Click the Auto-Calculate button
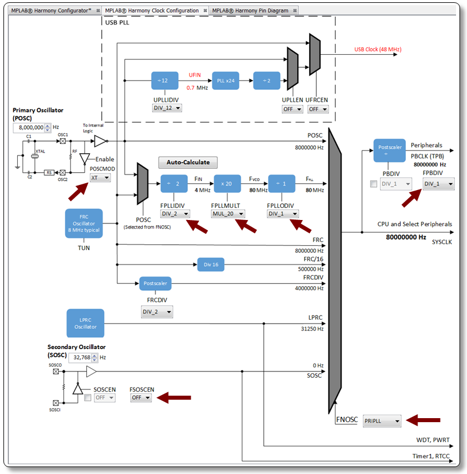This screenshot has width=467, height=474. click(x=188, y=162)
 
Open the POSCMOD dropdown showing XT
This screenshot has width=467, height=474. click(x=100, y=179)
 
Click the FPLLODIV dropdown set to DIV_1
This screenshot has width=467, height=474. click(x=283, y=214)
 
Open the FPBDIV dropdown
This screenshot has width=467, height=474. click(x=438, y=184)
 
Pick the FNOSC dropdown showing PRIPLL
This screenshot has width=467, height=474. click(x=382, y=421)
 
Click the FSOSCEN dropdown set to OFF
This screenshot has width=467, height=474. click(x=141, y=397)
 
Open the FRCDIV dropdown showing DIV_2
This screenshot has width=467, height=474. click(x=157, y=312)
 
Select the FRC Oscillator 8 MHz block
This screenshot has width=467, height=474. click(x=83, y=223)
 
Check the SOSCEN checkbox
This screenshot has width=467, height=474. click(x=88, y=397)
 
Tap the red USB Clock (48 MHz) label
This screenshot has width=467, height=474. click(x=378, y=50)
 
